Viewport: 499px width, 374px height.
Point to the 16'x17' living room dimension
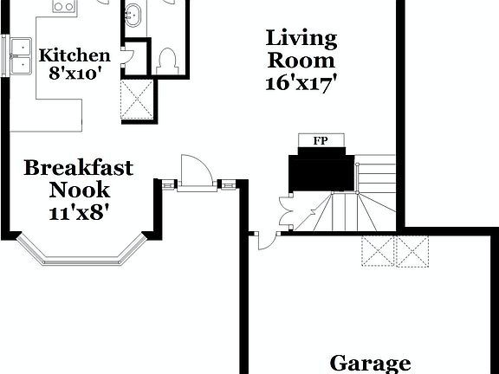coord(301,83)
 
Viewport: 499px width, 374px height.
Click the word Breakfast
coord(79,167)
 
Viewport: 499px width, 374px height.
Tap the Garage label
coord(370,364)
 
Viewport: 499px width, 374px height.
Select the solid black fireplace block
coord(323,168)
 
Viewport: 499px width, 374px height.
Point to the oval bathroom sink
coord(133,14)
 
